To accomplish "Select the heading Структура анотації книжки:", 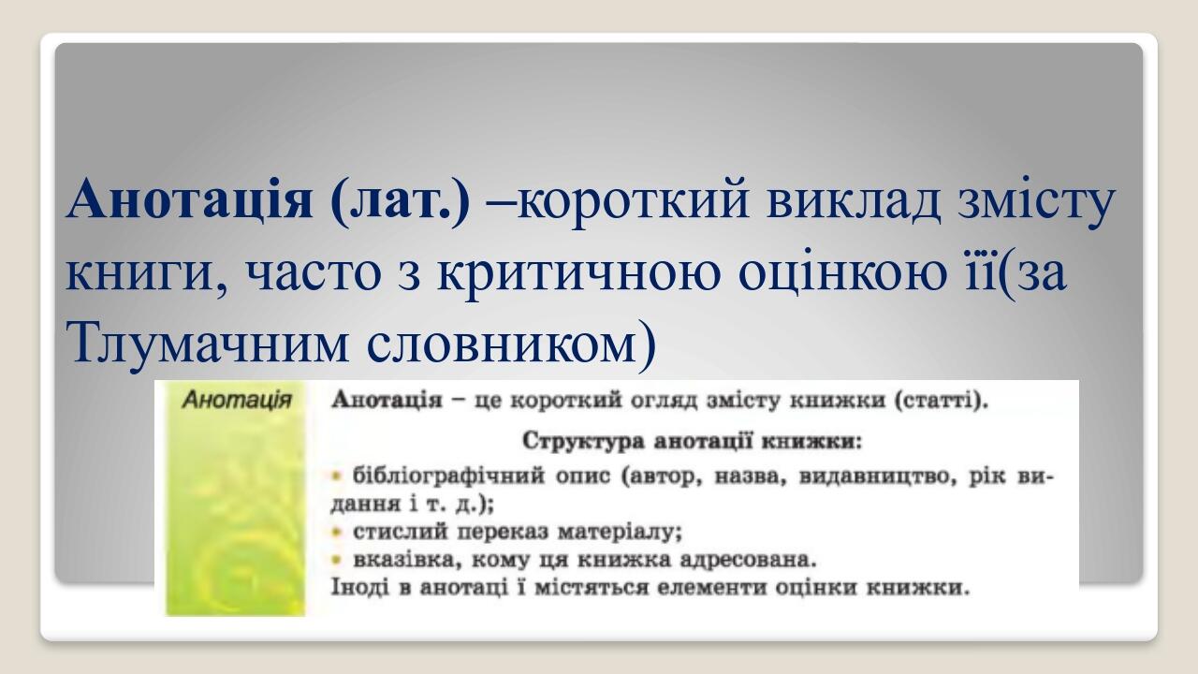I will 691,439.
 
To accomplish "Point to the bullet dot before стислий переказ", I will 338,532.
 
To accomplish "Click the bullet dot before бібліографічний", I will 338,476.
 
